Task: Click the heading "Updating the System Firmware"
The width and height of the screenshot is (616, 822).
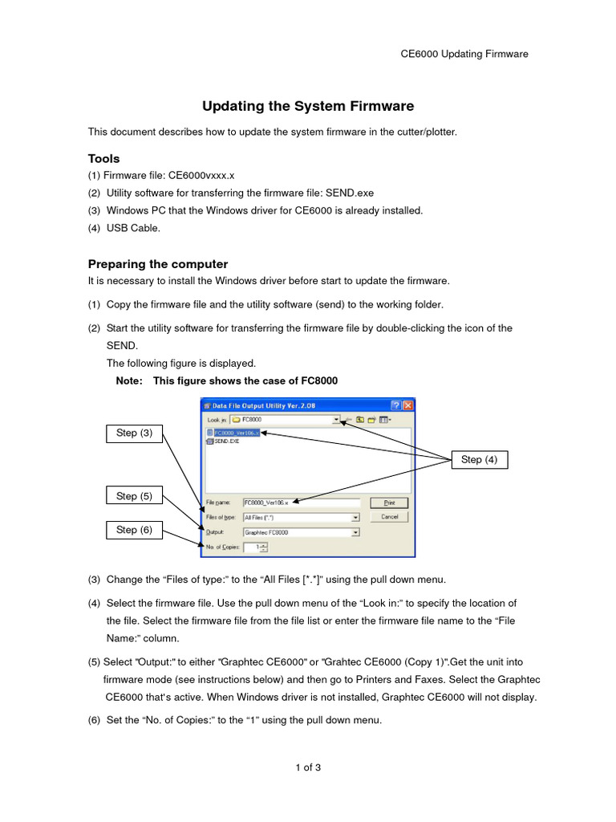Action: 308,106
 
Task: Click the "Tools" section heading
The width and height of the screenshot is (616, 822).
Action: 103,158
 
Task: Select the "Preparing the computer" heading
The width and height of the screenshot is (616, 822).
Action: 158,263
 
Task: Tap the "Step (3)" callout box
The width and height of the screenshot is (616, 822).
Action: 135,433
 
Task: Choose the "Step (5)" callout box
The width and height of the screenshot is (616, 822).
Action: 135,496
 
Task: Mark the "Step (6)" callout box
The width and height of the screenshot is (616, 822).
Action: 135,530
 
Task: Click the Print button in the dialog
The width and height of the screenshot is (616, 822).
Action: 389,503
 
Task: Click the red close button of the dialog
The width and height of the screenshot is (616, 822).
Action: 407,406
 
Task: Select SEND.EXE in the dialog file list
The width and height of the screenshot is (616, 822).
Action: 227,441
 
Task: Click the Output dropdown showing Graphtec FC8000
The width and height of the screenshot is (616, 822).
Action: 301,532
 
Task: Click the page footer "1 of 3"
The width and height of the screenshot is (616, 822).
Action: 308,767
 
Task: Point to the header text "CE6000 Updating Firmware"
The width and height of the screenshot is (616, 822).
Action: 464,54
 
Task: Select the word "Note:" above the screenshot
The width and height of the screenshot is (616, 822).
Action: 129,380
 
